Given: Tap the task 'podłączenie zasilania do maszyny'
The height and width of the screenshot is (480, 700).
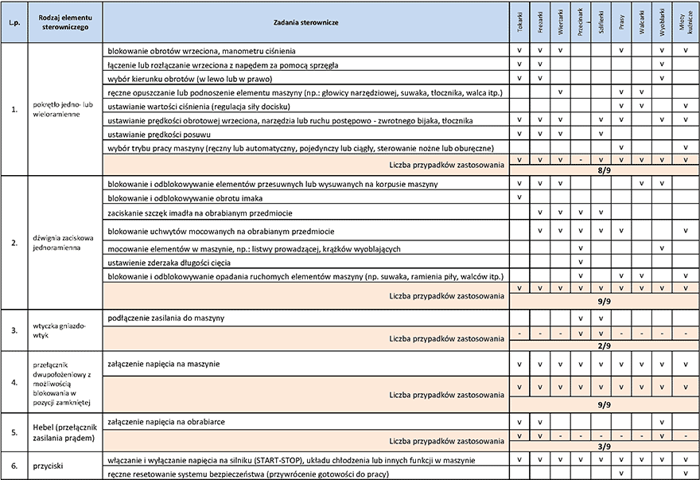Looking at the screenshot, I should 165,318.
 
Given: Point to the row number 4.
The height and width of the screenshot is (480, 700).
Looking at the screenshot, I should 14,382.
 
